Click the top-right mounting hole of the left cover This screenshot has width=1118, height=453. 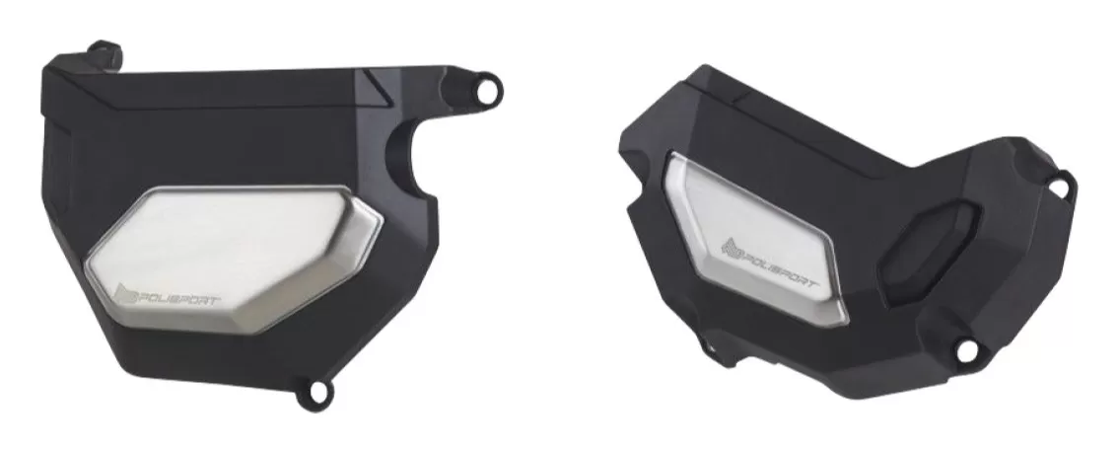click(x=488, y=91)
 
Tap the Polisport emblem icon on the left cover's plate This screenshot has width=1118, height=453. click(x=126, y=293)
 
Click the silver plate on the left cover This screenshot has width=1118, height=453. click(x=233, y=258)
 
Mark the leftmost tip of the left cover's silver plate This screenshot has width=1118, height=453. click(x=85, y=269)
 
